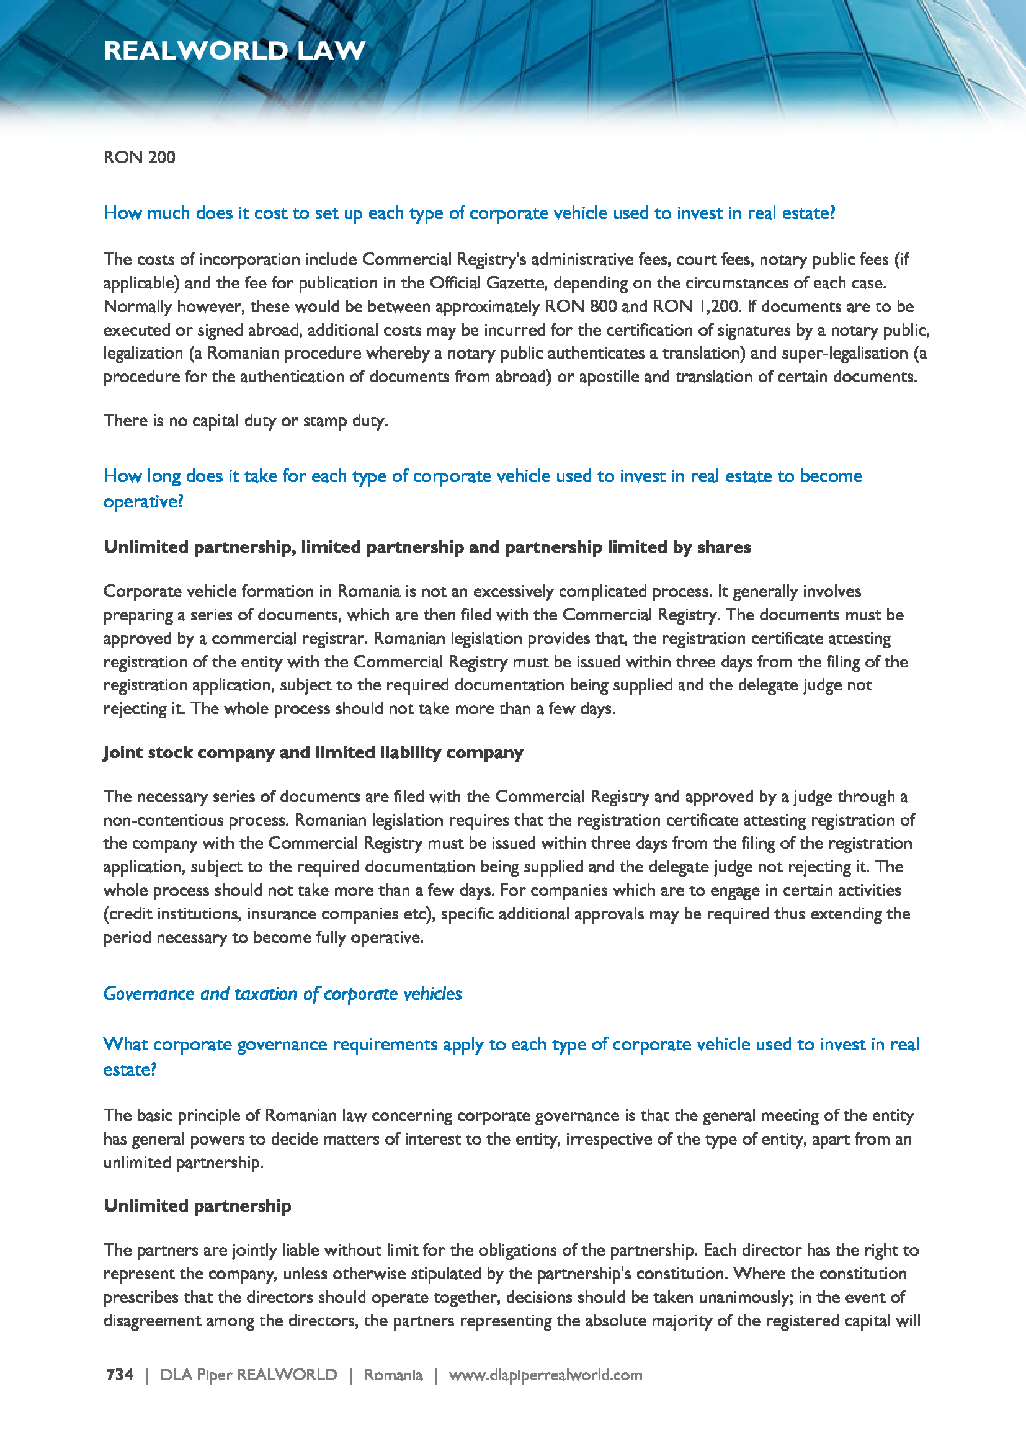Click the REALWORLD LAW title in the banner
[234, 50]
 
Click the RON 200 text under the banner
[139, 158]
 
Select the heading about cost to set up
[469, 213]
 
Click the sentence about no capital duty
[245, 421]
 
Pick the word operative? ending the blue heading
[143, 502]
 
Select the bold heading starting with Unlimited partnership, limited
[426, 547]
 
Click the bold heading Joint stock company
[313, 752]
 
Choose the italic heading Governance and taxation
[282, 994]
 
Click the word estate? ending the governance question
[130, 1070]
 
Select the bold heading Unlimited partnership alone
[197, 1206]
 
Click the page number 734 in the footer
[119, 1375]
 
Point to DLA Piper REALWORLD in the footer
[248, 1375]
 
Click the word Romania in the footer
[393, 1375]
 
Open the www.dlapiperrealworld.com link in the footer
[545, 1375]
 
